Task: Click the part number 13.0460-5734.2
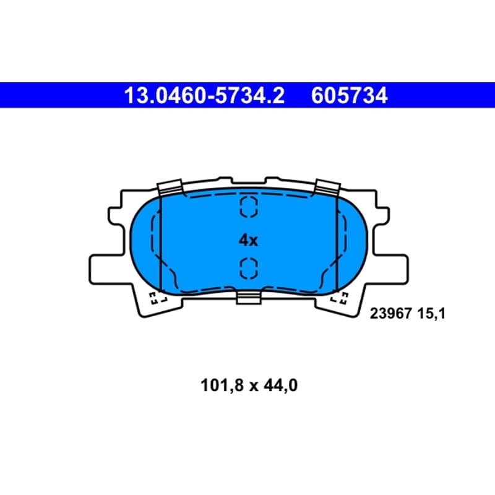(x=204, y=96)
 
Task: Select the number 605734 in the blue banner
(x=349, y=96)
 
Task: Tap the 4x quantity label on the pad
(x=248, y=241)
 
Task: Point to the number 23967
(x=391, y=314)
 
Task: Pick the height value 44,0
(x=281, y=385)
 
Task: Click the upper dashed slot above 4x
(x=249, y=207)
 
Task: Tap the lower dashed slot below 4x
(x=249, y=269)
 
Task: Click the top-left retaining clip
(x=170, y=187)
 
